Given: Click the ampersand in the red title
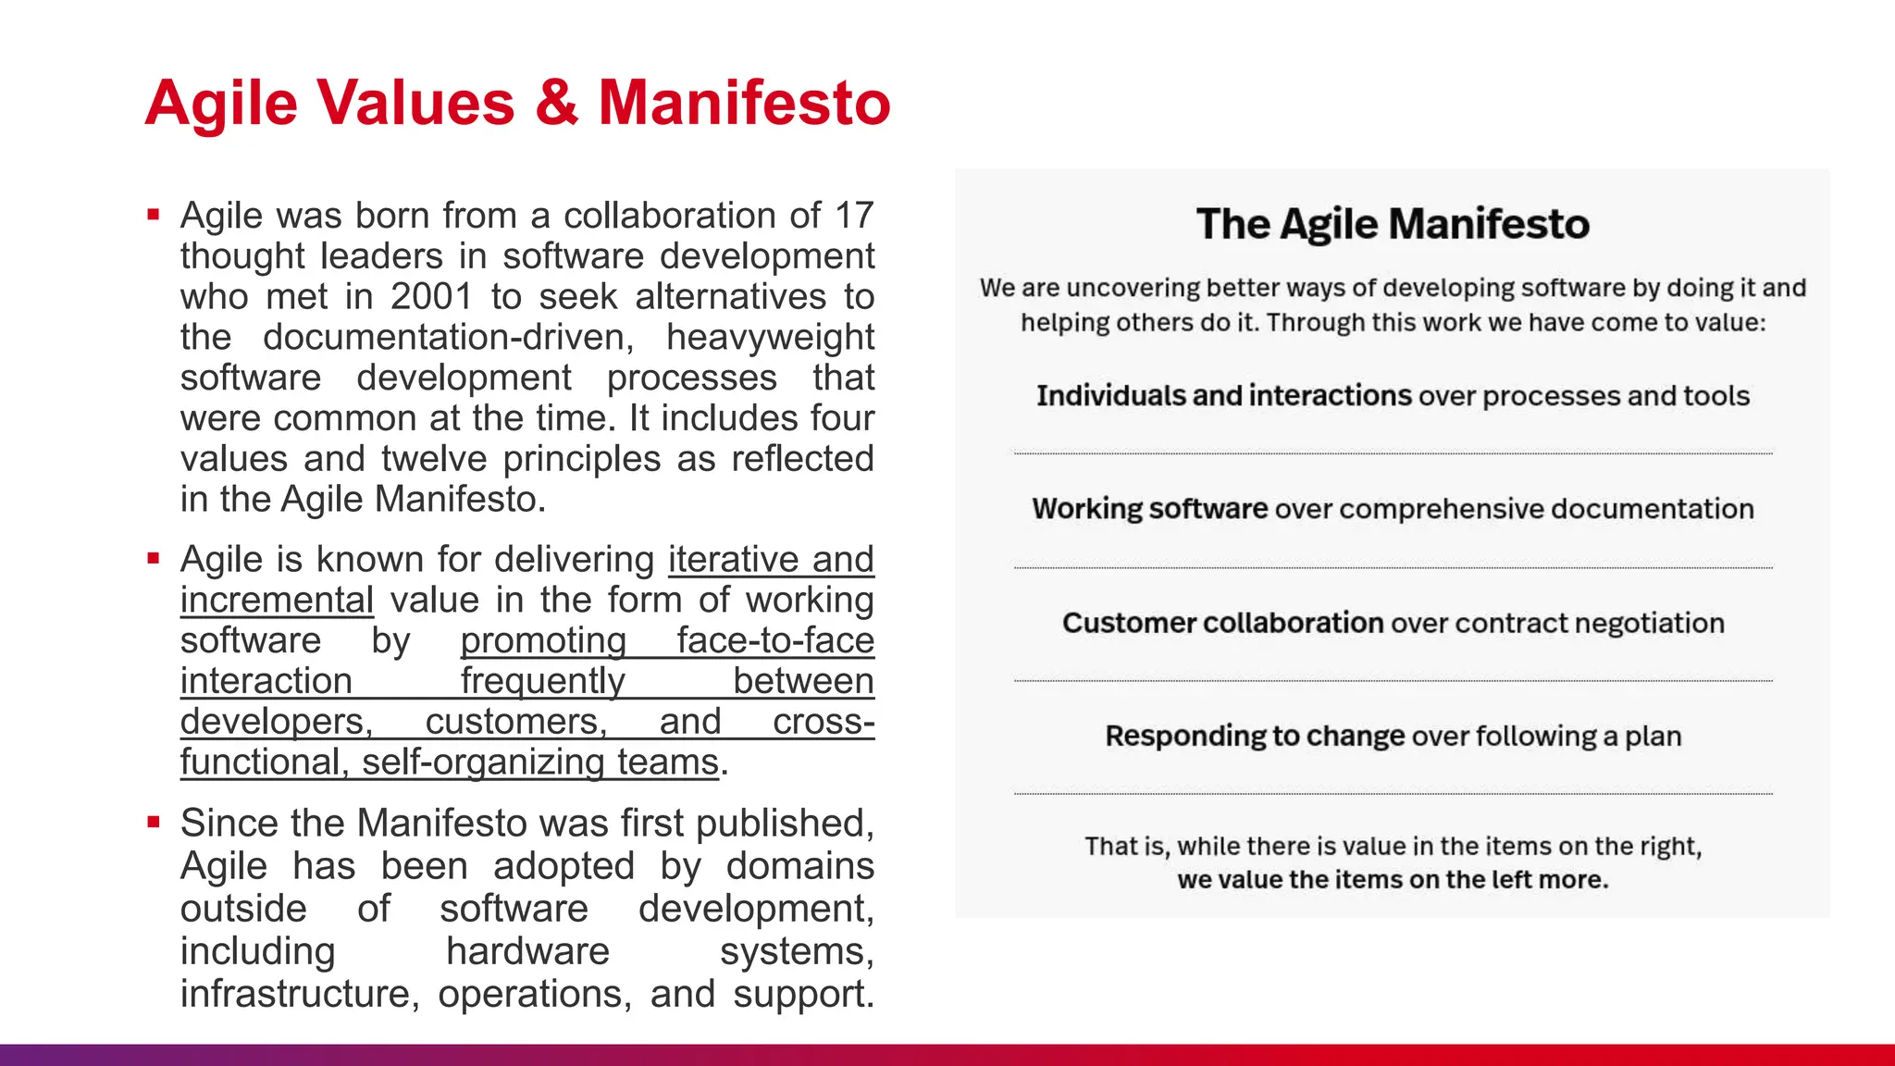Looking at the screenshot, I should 556,103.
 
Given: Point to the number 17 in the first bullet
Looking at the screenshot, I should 853,216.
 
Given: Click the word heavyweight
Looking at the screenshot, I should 770,338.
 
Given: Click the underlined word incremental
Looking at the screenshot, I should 277,601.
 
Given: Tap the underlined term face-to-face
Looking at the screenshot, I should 774,640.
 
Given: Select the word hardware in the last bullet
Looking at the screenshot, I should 527,951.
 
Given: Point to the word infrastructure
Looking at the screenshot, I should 295,994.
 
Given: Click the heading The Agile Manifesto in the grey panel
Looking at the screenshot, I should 1393,224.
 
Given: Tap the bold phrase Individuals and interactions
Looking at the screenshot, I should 1223,396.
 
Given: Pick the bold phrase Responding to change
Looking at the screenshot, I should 1255,737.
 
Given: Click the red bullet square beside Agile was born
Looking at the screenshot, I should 154,216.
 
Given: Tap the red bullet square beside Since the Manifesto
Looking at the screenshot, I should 154,822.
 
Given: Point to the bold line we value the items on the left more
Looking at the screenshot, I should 1393,879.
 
